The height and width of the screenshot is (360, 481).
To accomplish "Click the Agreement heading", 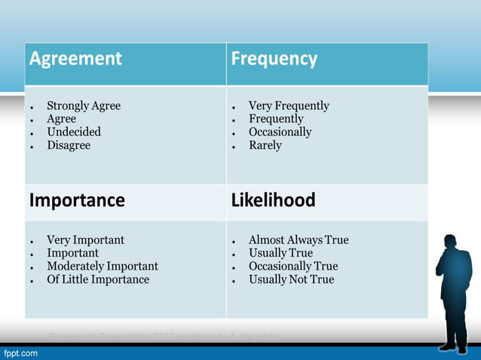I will click(75, 59).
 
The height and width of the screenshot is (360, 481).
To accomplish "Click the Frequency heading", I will click(274, 59).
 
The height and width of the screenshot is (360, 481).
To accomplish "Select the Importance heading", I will click(77, 201).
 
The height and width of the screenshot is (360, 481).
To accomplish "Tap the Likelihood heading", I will click(273, 201).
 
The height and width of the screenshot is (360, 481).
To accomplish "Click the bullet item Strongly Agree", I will click(84, 106).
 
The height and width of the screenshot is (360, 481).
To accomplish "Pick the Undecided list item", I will click(74, 132).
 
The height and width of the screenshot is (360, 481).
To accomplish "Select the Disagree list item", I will click(69, 145).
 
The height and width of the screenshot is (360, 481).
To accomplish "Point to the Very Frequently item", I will click(289, 106).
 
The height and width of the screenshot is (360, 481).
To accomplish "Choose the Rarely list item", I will click(265, 145).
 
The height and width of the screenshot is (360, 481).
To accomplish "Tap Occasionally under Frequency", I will click(280, 132).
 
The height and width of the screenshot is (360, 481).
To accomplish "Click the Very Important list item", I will click(85, 240).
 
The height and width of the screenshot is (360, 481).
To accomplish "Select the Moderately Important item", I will click(103, 267).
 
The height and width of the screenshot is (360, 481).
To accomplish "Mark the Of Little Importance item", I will click(98, 280).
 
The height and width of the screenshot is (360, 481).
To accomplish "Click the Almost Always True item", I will click(299, 240).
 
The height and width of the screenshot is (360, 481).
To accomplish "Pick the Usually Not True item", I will click(291, 280).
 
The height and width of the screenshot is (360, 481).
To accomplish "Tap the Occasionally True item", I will click(293, 267).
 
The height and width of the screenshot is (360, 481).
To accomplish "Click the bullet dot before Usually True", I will click(235, 255).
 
